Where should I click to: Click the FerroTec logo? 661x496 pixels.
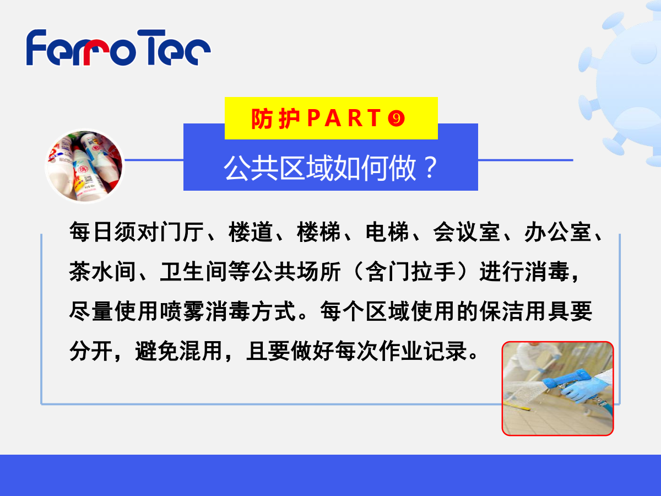click(118, 47)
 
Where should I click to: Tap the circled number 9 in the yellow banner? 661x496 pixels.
click(396, 118)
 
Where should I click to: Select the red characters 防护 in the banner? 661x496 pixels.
click(275, 118)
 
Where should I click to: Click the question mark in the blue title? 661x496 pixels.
click(431, 168)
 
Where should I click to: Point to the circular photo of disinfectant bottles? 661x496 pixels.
click(85, 166)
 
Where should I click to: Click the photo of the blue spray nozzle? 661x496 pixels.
click(557, 389)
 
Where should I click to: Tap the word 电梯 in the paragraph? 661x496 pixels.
click(387, 232)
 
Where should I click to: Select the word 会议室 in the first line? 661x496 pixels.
click(467, 232)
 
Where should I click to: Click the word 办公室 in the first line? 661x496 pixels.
click(557, 232)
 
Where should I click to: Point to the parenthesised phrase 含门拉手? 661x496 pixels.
click(411, 272)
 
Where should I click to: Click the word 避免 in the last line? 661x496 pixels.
click(157, 351)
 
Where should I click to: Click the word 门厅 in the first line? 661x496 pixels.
click(182, 232)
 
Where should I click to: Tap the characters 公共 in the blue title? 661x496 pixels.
click(251, 168)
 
